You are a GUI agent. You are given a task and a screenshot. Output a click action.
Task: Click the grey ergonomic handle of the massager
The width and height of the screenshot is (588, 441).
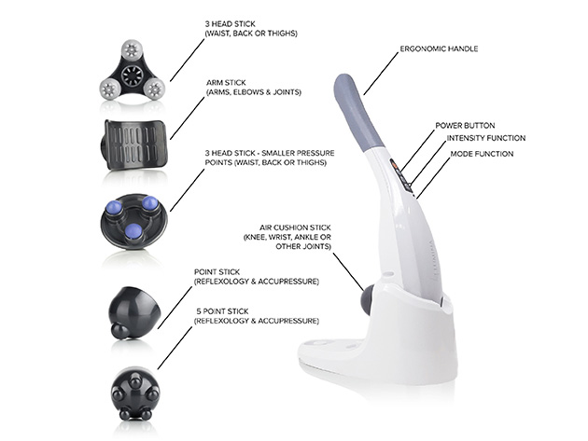[358, 112]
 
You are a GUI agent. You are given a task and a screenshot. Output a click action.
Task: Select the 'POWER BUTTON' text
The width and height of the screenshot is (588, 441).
[465, 124]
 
